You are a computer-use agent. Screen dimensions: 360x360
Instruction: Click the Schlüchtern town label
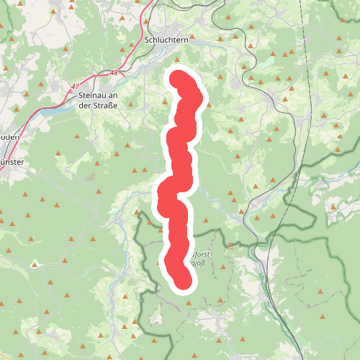pyautogui.click(x=166, y=40)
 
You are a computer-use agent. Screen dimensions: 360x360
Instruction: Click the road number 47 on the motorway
pyautogui.click(x=76, y=87)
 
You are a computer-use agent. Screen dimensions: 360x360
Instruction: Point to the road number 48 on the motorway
pyautogui.click(x=114, y=73)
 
